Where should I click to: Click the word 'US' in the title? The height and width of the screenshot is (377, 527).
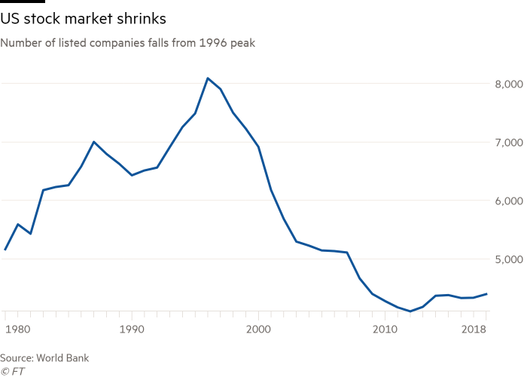click(11, 17)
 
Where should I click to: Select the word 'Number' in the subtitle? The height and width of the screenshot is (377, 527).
click(19, 44)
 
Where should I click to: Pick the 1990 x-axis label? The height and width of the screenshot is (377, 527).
click(133, 329)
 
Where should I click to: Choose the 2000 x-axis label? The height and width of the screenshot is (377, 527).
click(258, 329)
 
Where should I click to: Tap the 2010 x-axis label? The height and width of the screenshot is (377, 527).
click(385, 329)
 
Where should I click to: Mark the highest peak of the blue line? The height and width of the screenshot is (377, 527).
click(208, 78)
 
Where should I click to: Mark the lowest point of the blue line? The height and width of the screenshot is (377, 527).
click(411, 311)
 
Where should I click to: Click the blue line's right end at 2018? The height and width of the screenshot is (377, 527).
click(488, 293)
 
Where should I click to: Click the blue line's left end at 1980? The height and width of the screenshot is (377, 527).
click(5, 250)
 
